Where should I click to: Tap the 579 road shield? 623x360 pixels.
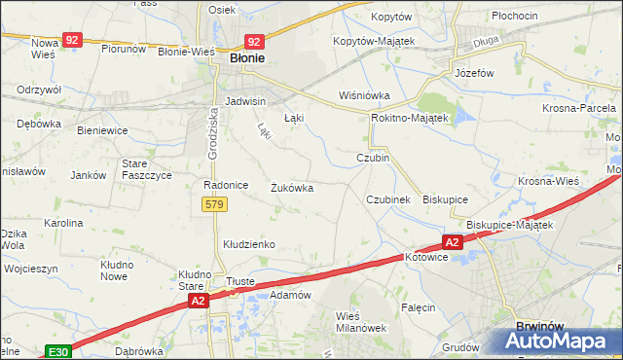[x=215, y=204]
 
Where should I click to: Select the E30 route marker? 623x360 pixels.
[x=56, y=351]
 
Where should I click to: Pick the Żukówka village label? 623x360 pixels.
[x=291, y=188]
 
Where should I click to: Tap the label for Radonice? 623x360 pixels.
[x=225, y=185]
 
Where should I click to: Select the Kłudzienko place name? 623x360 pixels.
[x=250, y=244]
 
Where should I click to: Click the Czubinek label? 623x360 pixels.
[x=394, y=198]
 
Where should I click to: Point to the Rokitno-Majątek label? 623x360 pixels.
[x=409, y=118]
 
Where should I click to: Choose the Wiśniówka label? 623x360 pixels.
[x=363, y=95]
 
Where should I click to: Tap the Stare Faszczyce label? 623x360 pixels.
[x=147, y=169]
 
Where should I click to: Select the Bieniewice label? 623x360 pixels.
[x=102, y=128]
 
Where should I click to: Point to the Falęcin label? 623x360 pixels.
[x=418, y=307]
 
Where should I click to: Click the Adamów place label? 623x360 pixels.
[x=289, y=295]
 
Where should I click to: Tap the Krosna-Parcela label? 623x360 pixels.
[x=581, y=107]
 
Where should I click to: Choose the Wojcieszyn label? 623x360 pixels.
[x=31, y=269]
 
